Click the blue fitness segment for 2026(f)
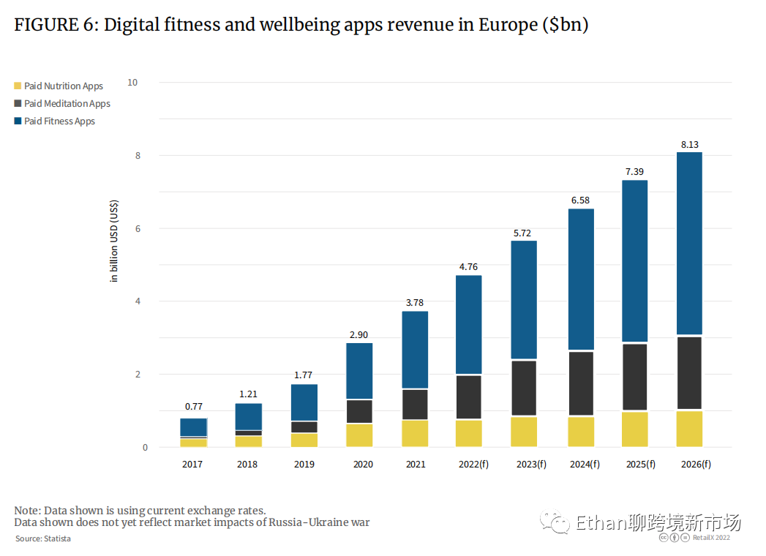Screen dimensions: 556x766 click(x=689, y=243)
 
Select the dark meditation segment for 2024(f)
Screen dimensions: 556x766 click(x=581, y=383)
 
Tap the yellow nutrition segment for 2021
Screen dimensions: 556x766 click(x=415, y=433)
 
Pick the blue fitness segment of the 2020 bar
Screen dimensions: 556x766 click(x=359, y=371)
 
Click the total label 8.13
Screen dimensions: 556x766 click(x=689, y=145)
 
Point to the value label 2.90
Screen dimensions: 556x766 click(x=359, y=335)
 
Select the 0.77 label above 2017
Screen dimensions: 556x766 click(x=194, y=406)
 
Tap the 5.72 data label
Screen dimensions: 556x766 click(x=524, y=233)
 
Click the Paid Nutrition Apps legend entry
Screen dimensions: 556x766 click(x=63, y=86)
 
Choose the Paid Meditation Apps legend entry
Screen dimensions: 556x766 click(x=67, y=104)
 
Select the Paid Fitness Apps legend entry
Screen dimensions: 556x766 click(x=59, y=121)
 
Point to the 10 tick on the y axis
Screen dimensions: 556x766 click(x=132, y=83)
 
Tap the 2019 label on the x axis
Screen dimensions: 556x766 click(x=304, y=465)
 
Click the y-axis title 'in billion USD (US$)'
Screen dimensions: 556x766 click(x=114, y=241)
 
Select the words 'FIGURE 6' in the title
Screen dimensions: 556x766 click(x=55, y=25)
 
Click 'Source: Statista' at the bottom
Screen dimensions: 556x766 click(x=43, y=539)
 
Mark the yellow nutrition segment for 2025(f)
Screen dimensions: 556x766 click(x=635, y=429)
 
